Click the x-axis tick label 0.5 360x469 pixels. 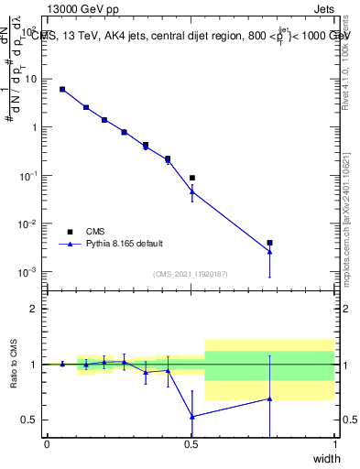191,444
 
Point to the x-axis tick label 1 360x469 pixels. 334,444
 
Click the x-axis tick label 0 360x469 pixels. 47,444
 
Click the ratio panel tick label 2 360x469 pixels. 37,309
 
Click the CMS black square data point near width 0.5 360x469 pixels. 191,178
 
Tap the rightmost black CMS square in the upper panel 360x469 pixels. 269,243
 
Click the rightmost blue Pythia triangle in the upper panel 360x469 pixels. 269,252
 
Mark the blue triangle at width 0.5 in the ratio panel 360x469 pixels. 191,417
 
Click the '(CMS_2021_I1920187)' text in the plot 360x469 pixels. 190,274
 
